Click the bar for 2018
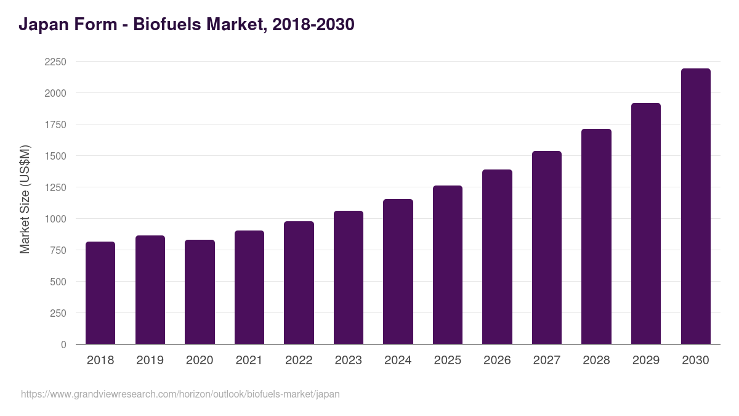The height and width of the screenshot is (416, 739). [100, 293]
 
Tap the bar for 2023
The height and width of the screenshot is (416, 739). [349, 277]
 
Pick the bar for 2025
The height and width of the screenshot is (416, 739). [448, 265]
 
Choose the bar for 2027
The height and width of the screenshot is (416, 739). [547, 248]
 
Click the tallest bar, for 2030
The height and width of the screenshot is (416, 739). [695, 206]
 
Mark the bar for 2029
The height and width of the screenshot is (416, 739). [646, 224]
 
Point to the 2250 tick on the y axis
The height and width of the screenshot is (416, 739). [55, 62]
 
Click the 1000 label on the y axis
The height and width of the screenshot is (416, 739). [55, 219]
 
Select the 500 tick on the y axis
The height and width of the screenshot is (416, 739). [59, 282]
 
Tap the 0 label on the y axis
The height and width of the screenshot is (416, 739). [63, 345]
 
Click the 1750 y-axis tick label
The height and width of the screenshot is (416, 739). [55, 124]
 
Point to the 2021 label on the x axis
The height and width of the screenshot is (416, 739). [249, 361]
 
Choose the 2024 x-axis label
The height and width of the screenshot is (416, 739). [398, 361]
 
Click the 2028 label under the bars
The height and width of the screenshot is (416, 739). [596, 361]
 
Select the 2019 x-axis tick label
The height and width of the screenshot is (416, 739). [150, 361]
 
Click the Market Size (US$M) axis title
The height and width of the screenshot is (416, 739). [25, 199]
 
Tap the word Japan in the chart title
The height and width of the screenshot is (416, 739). [42, 25]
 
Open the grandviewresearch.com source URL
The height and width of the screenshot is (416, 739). [180, 394]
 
